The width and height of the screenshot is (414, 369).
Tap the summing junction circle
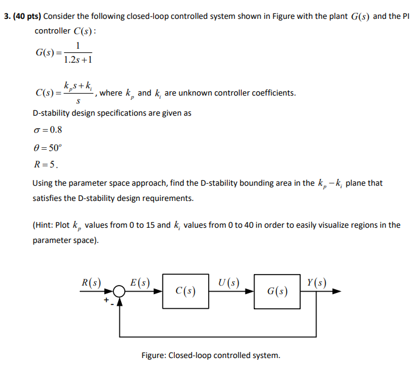click(x=119, y=292)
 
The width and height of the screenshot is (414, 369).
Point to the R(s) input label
click(x=91, y=283)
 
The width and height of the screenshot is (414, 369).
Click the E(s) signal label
click(x=140, y=283)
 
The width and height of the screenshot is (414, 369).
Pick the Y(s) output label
click(x=317, y=283)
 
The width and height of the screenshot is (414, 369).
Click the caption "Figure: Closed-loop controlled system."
click(x=211, y=355)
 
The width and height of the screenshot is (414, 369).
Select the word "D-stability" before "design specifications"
click(x=53, y=113)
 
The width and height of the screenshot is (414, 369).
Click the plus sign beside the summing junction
click(x=106, y=300)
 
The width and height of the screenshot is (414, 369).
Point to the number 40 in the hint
click(x=239, y=225)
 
